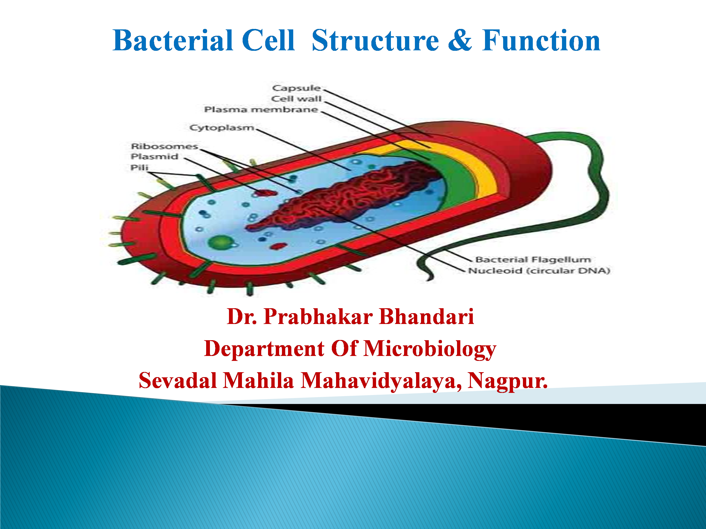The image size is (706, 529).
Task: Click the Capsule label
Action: coord(296,88)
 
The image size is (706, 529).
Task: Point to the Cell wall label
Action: coord(296,99)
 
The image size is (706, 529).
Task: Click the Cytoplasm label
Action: coord(222,128)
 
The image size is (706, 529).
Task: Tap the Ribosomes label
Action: coord(164,146)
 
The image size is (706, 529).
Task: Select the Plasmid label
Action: coord(154,157)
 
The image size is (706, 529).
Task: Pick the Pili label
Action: coord(140,167)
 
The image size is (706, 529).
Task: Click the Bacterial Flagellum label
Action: coord(533,260)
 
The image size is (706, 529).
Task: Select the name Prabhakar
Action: coord(318,317)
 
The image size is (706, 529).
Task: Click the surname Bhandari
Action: coord(427,317)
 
